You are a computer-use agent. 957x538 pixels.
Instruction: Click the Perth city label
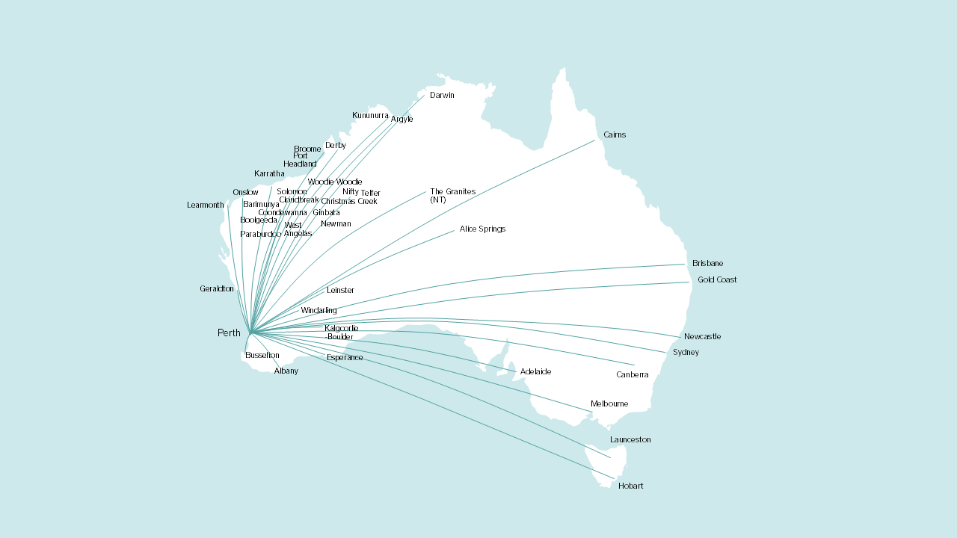point(229,333)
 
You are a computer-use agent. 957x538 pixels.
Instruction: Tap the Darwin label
point(442,96)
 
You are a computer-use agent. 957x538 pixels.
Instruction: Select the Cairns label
point(615,135)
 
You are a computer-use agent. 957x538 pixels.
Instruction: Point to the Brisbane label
point(707,264)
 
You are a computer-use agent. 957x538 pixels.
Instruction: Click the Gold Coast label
point(717,280)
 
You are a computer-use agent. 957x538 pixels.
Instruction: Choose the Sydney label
point(686,353)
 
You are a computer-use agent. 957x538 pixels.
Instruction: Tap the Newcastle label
point(702,337)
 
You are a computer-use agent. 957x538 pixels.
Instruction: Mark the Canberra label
point(632,375)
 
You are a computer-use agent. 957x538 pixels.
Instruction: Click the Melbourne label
point(609,404)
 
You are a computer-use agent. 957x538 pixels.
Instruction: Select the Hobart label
point(630,486)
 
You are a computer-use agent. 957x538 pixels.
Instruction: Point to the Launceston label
point(630,440)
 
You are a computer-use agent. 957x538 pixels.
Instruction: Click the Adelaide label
point(535,372)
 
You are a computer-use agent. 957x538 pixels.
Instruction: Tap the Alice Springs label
point(482,229)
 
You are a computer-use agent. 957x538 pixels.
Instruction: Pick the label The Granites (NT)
point(452,196)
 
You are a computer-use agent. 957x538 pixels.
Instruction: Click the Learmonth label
point(205,205)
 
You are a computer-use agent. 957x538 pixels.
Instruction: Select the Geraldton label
point(216,289)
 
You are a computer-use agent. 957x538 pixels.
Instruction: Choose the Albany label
point(286,371)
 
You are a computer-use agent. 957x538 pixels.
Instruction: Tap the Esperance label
point(345,358)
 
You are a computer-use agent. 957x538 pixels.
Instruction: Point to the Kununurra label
point(370,116)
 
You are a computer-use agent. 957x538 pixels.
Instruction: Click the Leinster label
point(340,291)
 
